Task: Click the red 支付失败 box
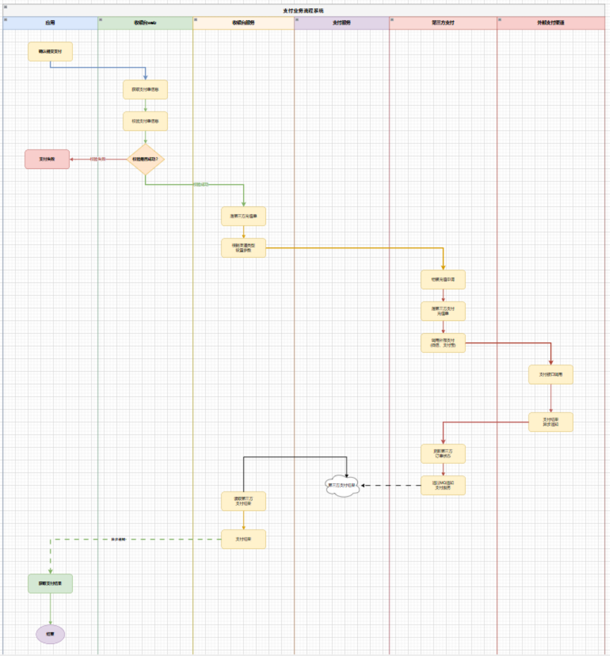pos(47,159)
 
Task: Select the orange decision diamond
pos(145,159)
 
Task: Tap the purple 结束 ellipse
pos(50,634)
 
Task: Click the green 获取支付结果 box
pos(50,583)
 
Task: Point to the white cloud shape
pos(342,486)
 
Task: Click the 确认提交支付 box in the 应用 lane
pos(50,51)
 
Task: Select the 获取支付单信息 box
pos(145,89)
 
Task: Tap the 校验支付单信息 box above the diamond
pos(145,121)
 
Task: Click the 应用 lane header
pos(50,23)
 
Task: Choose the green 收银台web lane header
pos(145,23)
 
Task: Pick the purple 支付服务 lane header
pos(341,23)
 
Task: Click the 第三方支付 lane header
pos(443,23)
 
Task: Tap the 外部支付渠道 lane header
pos(550,23)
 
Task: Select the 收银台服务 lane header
pos(243,23)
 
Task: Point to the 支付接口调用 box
pos(550,374)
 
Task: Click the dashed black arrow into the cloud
pos(390,486)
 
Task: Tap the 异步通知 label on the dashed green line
pos(118,539)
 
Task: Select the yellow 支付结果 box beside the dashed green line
pos(243,539)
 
